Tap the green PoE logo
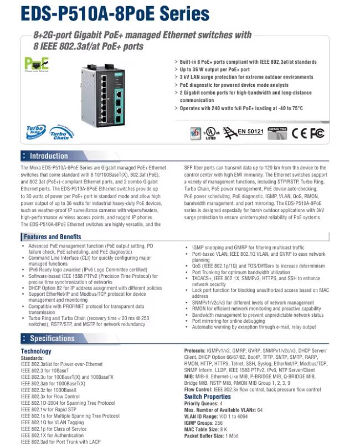tap(34, 64)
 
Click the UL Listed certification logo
tap(210, 133)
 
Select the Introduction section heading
tap(48, 156)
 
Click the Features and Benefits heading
tap(52, 236)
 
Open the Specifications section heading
tap(52, 338)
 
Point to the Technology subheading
tap(36, 351)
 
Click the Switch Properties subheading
tap(207, 396)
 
